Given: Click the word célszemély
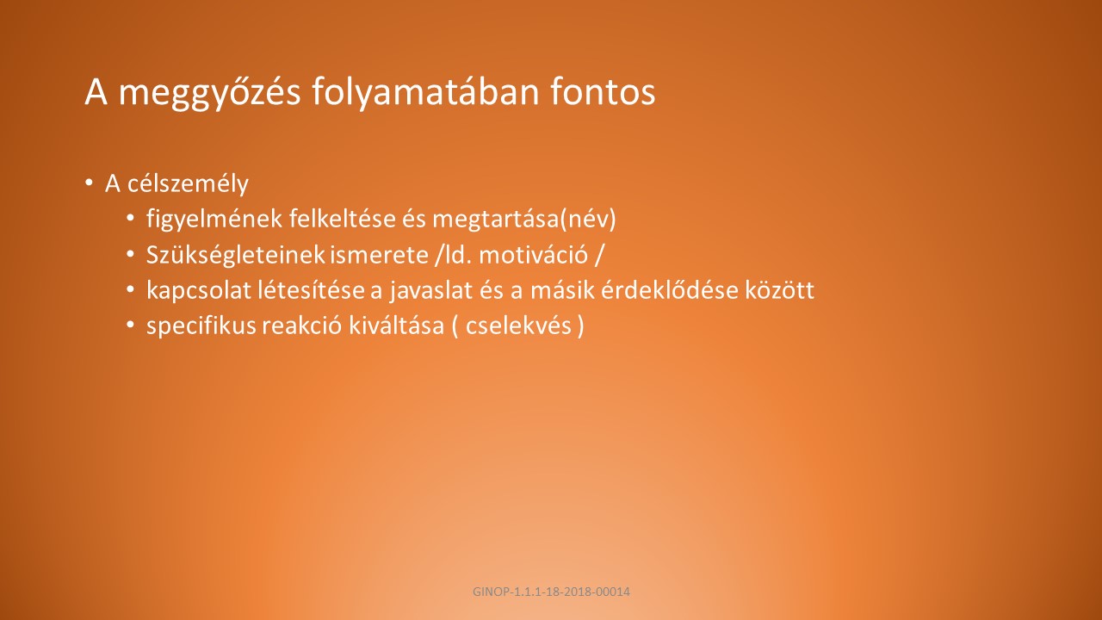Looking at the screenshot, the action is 188,184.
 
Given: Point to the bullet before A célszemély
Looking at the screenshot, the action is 89,183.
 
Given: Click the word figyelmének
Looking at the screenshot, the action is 214,220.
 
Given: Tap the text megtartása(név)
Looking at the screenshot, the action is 524,220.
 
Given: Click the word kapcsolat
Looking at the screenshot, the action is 199,291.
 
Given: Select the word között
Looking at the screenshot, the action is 780,290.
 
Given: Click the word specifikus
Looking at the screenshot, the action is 201,326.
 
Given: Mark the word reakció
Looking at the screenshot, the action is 301,326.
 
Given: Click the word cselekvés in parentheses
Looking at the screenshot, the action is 518,326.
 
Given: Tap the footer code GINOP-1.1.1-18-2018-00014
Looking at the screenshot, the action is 551,592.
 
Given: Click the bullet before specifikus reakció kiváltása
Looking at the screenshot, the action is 130,325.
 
